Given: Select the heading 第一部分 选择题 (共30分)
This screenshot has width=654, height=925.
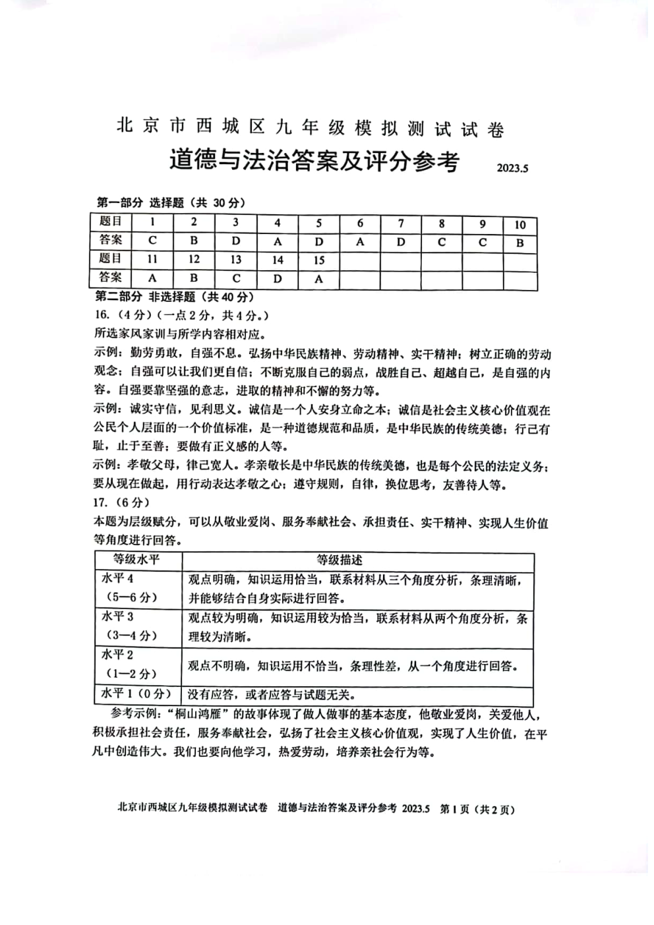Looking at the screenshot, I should (x=170, y=203).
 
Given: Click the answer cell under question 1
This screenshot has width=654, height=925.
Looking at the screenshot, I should (x=152, y=241).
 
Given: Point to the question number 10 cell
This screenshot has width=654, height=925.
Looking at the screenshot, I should (x=520, y=224).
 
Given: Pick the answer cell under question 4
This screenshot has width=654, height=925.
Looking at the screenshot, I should (x=278, y=241).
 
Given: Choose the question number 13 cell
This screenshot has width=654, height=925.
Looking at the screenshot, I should (x=236, y=260).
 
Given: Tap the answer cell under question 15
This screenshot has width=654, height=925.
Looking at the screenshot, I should (x=319, y=278).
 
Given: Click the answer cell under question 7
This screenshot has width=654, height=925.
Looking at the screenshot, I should (x=401, y=241).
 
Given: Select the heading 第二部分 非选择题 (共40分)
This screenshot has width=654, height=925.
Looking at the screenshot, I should (x=175, y=297).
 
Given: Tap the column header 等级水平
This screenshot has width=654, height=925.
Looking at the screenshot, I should (x=136, y=560).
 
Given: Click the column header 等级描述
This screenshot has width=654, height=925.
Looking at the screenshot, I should (x=340, y=560).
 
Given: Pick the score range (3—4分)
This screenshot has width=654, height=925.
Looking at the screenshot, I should (x=131, y=636).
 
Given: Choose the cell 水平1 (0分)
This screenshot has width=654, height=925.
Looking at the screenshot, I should (x=136, y=694).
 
